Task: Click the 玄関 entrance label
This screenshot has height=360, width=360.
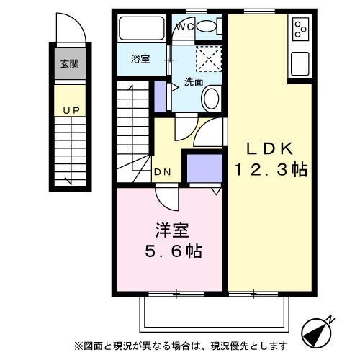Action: (70, 64)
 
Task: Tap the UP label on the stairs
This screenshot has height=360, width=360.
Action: (71, 110)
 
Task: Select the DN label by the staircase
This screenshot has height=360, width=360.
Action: (163, 172)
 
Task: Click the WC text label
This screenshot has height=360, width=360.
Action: (185, 27)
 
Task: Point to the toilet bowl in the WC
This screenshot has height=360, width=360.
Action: (207, 27)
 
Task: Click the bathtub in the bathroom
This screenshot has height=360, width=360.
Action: (142, 28)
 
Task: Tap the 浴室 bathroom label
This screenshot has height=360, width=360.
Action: (140, 59)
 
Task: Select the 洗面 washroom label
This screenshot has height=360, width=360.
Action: (194, 82)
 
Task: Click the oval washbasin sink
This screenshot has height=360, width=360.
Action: (211, 99)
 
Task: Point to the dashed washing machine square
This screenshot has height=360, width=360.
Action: (209, 58)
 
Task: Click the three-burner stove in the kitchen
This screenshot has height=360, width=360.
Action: (300, 30)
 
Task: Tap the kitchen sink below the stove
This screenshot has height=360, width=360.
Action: (300, 64)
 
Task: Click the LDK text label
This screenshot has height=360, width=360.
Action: (270, 148)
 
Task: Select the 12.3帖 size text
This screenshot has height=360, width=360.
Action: (271, 169)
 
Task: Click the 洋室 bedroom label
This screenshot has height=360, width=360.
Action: (172, 230)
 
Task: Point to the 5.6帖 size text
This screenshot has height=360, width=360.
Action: (174, 251)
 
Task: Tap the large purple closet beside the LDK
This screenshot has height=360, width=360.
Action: (204, 168)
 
